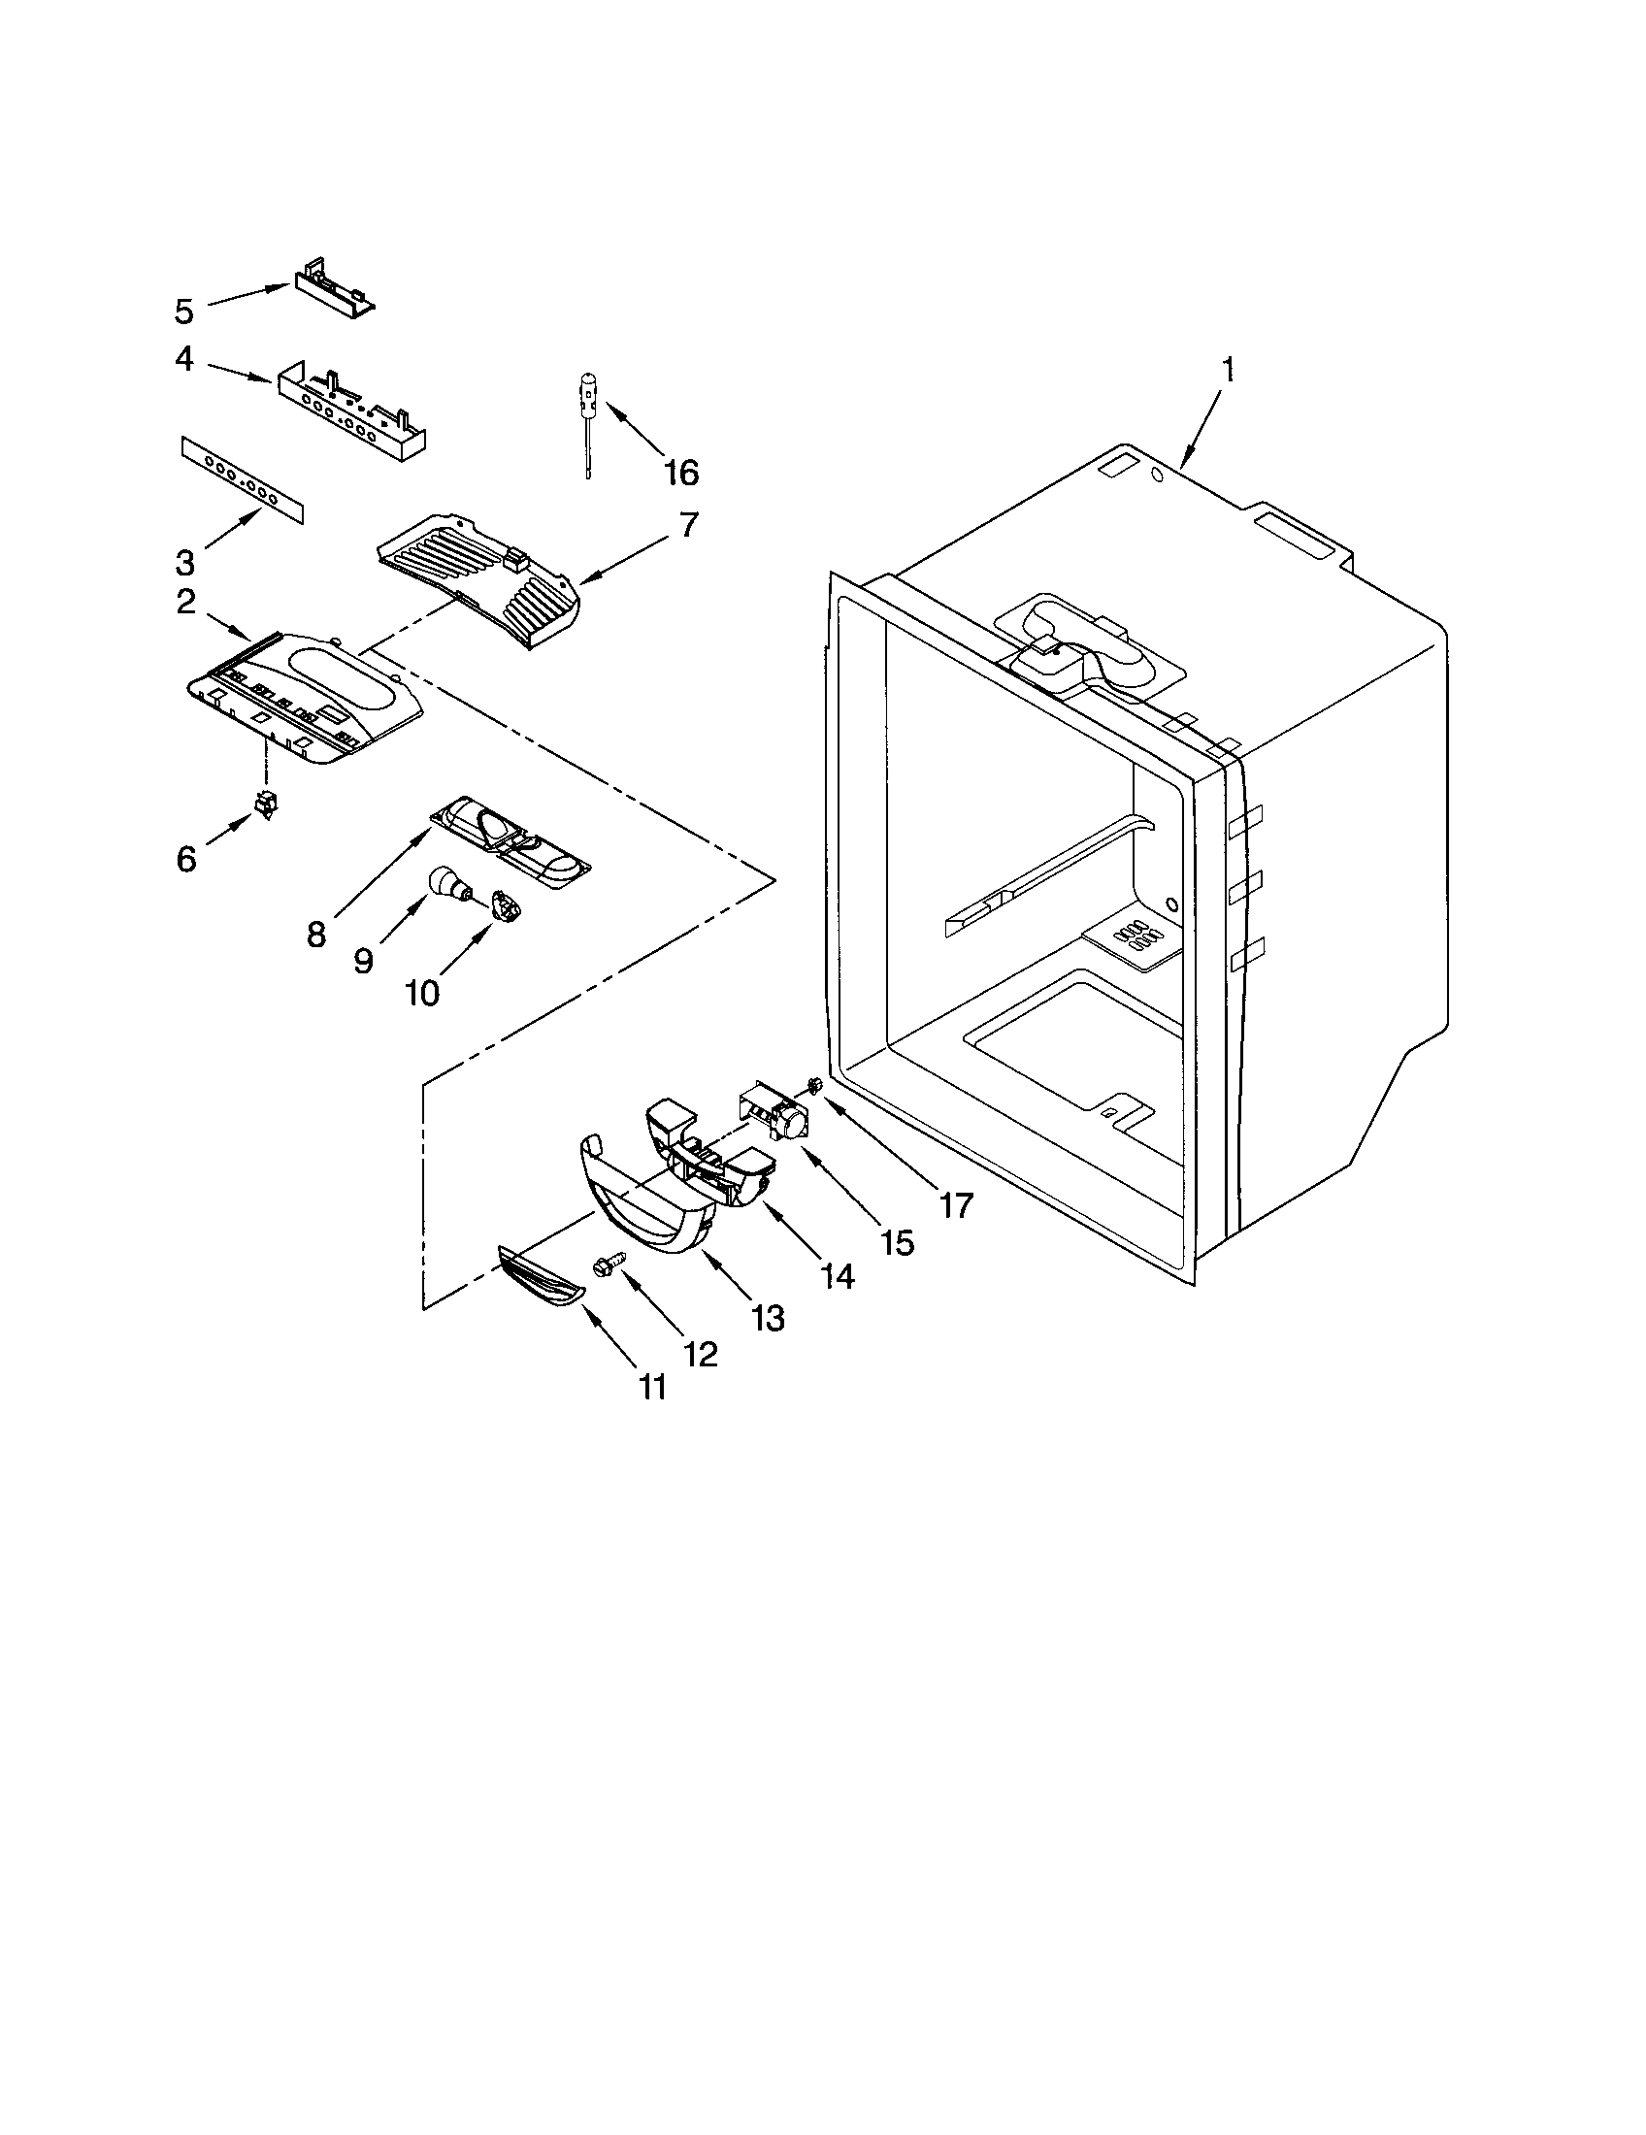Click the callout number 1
(x=1228, y=371)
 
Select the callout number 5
(x=184, y=312)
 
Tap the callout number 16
(x=680, y=474)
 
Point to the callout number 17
(x=957, y=1206)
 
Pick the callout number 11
(x=652, y=1387)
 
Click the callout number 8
(x=315, y=935)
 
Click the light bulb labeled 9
(x=448, y=884)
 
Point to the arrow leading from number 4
(x=239, y=374)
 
